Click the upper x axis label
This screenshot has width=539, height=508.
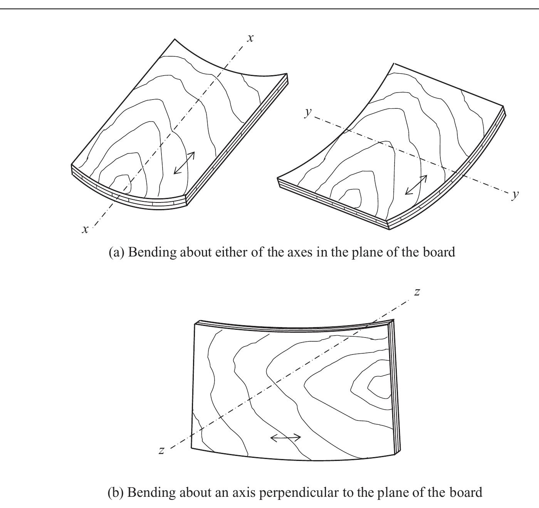point(250,38)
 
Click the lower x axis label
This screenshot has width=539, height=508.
point(85,230)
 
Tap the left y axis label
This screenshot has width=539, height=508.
point(308,112)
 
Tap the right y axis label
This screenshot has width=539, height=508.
point(515,195)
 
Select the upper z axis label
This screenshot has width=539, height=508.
point(417,292)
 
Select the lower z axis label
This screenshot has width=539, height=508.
point(162,450)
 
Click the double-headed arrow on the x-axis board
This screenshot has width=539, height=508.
point(184,163)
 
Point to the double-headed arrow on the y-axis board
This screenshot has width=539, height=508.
point(416,185)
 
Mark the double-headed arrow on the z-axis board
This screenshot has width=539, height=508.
point(285,437)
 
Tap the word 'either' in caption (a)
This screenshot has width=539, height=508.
point(229,252)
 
